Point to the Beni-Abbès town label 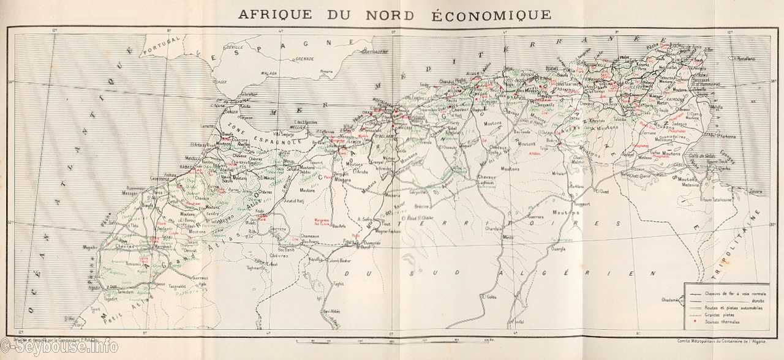click(x=331, y=312)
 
